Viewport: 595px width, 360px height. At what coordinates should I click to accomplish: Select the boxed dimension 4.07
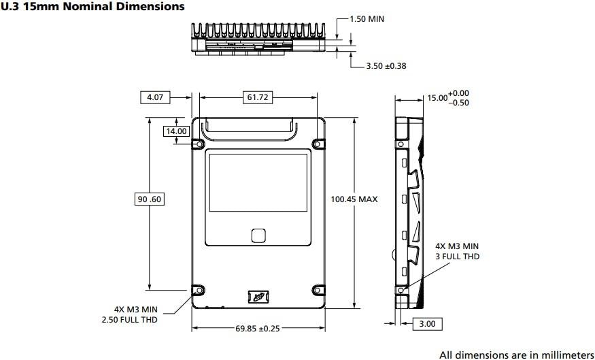[155, 97]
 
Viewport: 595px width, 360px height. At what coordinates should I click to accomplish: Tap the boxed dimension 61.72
[257, 97]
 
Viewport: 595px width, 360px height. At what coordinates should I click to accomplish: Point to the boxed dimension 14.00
[175, 131]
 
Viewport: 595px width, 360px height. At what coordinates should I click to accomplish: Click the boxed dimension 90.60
[150, 199]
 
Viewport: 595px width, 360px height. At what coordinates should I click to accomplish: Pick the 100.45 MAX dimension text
[354, 199]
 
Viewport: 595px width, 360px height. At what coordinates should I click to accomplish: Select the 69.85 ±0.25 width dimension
[257, 329]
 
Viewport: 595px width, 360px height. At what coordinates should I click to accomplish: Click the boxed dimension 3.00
[427, 324]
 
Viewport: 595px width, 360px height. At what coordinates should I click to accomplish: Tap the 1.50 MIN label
[367, 19]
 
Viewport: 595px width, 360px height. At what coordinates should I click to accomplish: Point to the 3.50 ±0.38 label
[386, 66]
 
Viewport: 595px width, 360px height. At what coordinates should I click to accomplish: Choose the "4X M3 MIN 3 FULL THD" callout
[457, 251]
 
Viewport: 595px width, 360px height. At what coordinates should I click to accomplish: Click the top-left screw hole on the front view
[198, 144]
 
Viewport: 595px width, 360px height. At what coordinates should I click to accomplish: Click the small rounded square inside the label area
[258, 235]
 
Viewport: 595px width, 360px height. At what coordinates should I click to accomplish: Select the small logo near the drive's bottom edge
[257, 297]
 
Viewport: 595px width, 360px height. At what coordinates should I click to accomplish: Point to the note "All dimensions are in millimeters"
[516, 354]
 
